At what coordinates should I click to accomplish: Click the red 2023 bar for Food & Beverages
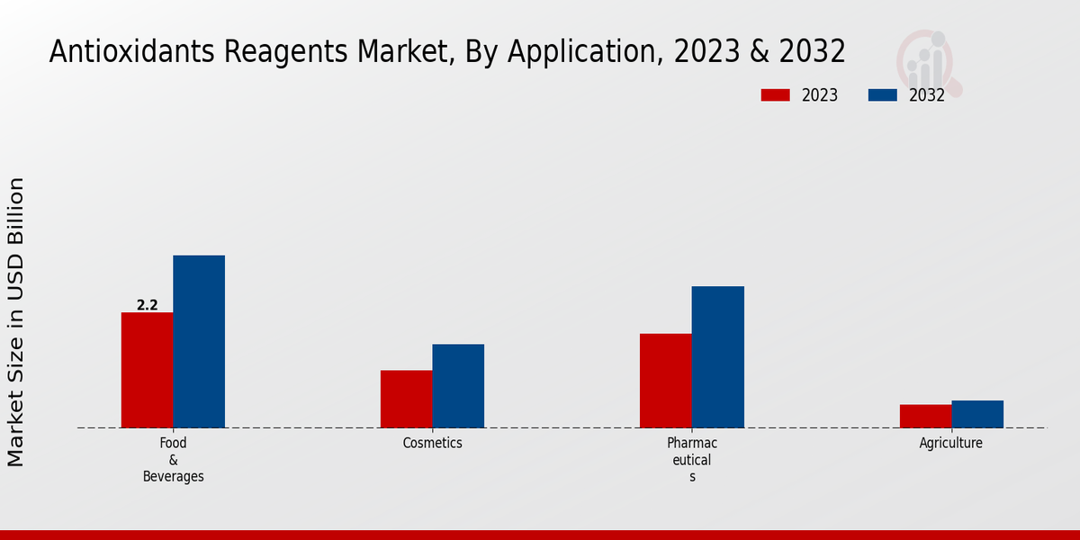[x=147, y=370]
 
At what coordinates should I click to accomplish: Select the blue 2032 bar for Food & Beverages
[x=199, y=341]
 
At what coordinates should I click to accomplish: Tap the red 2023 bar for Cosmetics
[x=406, y=399]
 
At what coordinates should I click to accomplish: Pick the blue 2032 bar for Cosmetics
[x=458, y=385]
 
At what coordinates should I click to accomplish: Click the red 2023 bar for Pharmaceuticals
[x=666, y=381]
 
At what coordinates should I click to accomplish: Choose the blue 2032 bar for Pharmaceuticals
[x=718, y=356]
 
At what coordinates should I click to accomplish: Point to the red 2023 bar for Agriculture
[x=925, y=416]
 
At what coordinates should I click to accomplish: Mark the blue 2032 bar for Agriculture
[x=977, y=414]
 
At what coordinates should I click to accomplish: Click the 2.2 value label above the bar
[x=148, y=305]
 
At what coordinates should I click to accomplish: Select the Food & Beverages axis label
[x=173, y=460]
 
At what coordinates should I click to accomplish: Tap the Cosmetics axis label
[x=432, y=443]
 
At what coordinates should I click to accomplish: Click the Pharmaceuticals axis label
[x=692, y=460]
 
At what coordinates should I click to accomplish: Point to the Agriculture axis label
[x=951, y=443]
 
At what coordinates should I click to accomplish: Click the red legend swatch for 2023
[x=775, y=95]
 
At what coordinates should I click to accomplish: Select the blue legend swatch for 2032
[x=883, y=95]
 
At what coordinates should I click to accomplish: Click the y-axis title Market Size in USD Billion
[x=16, y=322]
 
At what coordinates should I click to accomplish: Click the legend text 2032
[x=927, y=95]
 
